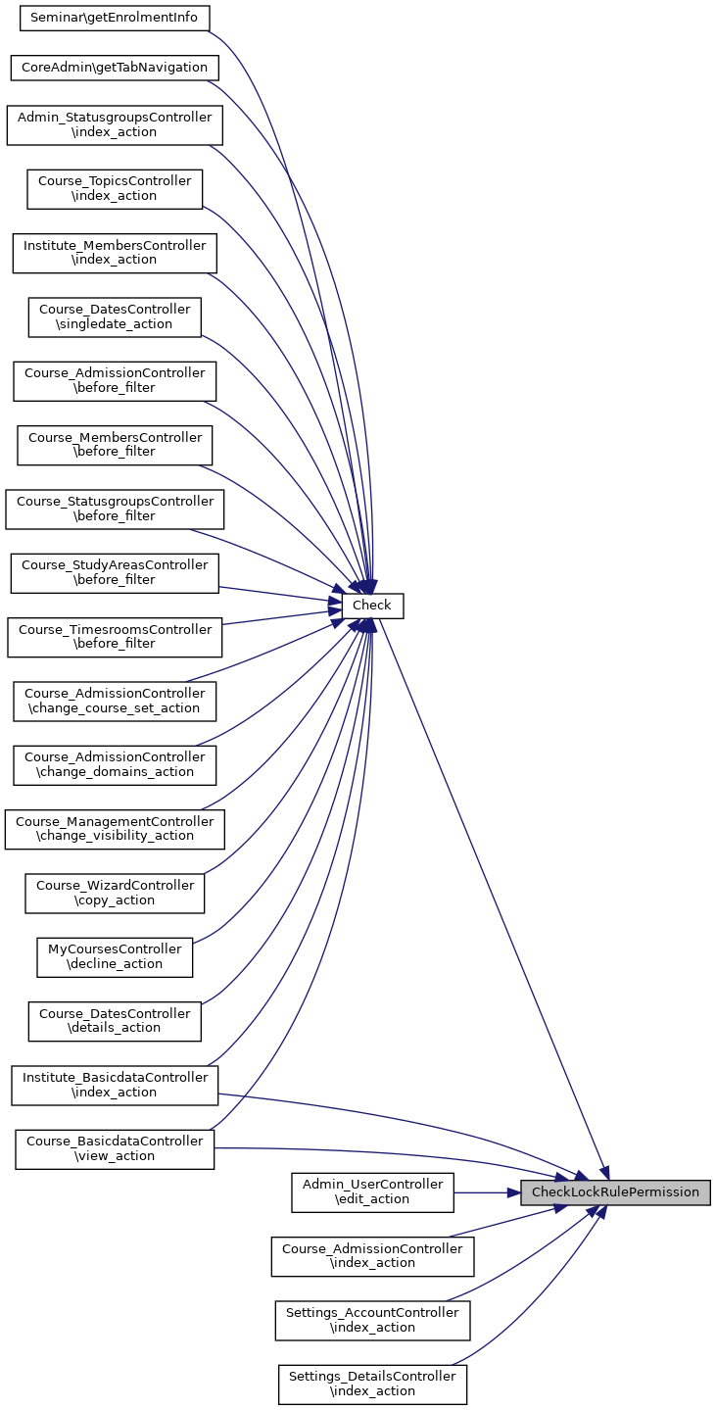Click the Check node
tap(372, 606)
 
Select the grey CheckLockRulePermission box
tap(615, 1192)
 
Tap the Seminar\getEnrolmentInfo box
tap(114, 18)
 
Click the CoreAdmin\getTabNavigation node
tap(115, 68)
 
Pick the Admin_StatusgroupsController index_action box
tap(115, 125)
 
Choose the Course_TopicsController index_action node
tap(115, 189)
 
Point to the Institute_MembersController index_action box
tap(115, 253)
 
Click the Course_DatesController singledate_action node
tap(115, 317)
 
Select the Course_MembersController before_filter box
tap(115, 446)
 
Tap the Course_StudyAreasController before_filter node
tap(115, 573)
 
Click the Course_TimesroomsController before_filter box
tap(115, 637)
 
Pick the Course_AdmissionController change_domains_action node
tap(115, 765)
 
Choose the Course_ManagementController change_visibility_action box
tap(115, 829)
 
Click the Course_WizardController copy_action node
tap(115, 894)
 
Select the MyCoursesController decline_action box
tap(115, 957)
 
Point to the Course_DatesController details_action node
tap(115, 1021)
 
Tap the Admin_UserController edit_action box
tap(372, 1192)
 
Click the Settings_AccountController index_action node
tap(372, 1321)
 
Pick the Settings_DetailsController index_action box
tap(372, 1385)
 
